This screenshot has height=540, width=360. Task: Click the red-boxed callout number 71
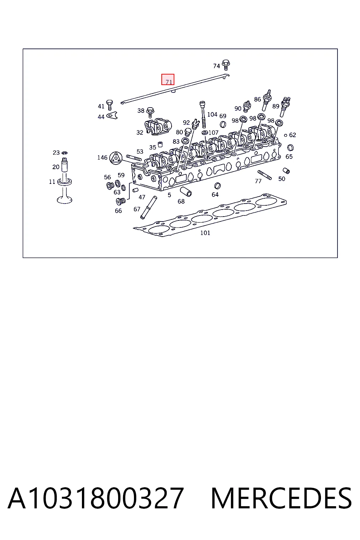point(169,82)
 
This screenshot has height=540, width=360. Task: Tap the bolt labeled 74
point(226,65)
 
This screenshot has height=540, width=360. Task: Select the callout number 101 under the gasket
point(205,233)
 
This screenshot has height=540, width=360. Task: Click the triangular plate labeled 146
point(116,159)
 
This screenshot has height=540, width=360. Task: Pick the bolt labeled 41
point(109,105)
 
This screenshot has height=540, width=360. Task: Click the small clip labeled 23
point(64,153)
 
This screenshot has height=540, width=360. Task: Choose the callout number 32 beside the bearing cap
point(140,132)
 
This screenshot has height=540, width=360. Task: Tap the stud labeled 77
point(264,175)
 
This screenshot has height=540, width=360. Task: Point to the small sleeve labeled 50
point(286,171)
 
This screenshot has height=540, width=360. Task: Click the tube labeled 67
point(148,207)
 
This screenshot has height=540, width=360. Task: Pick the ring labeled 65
point(290,147)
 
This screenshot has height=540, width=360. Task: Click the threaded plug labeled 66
point(121,201)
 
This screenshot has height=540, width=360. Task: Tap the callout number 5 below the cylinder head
point(169,195)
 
